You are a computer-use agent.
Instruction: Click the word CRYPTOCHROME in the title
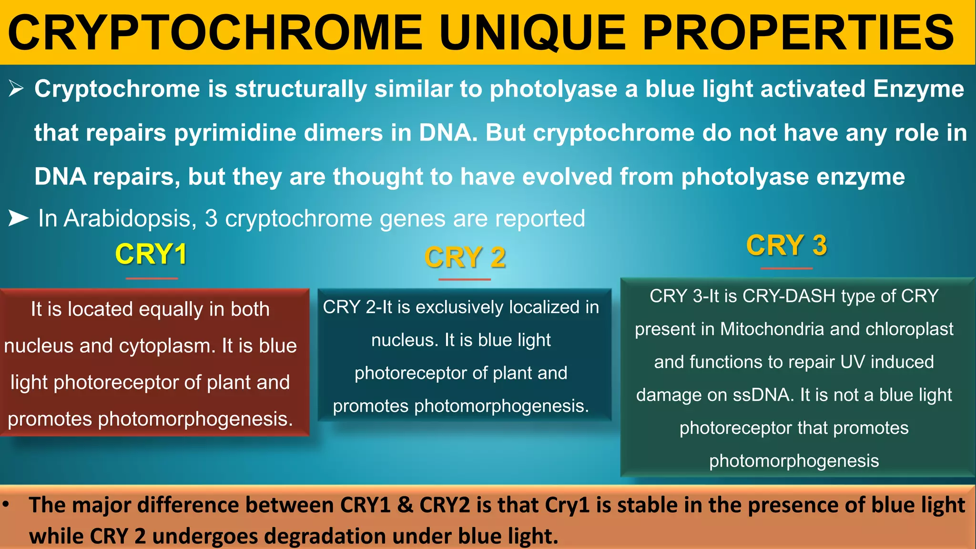(x=215, y=32)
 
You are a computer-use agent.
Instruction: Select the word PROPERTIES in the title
(x=798, y=32)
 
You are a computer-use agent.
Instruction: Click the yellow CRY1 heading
(x=151, y=254)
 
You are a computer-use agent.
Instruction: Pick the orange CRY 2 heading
(x=465, y=257)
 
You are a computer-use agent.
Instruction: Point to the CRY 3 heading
(x=786, y=245)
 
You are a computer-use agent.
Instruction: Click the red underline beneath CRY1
(x=152, y=278)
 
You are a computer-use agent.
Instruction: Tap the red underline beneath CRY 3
(x=786, y=268)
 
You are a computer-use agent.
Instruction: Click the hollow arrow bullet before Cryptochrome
(x=16, y=89)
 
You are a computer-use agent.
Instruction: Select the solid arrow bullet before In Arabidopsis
(x=19, y=218)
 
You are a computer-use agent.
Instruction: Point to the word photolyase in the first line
(x=553, y=89)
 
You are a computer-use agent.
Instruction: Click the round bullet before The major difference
(x=6, y=504)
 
